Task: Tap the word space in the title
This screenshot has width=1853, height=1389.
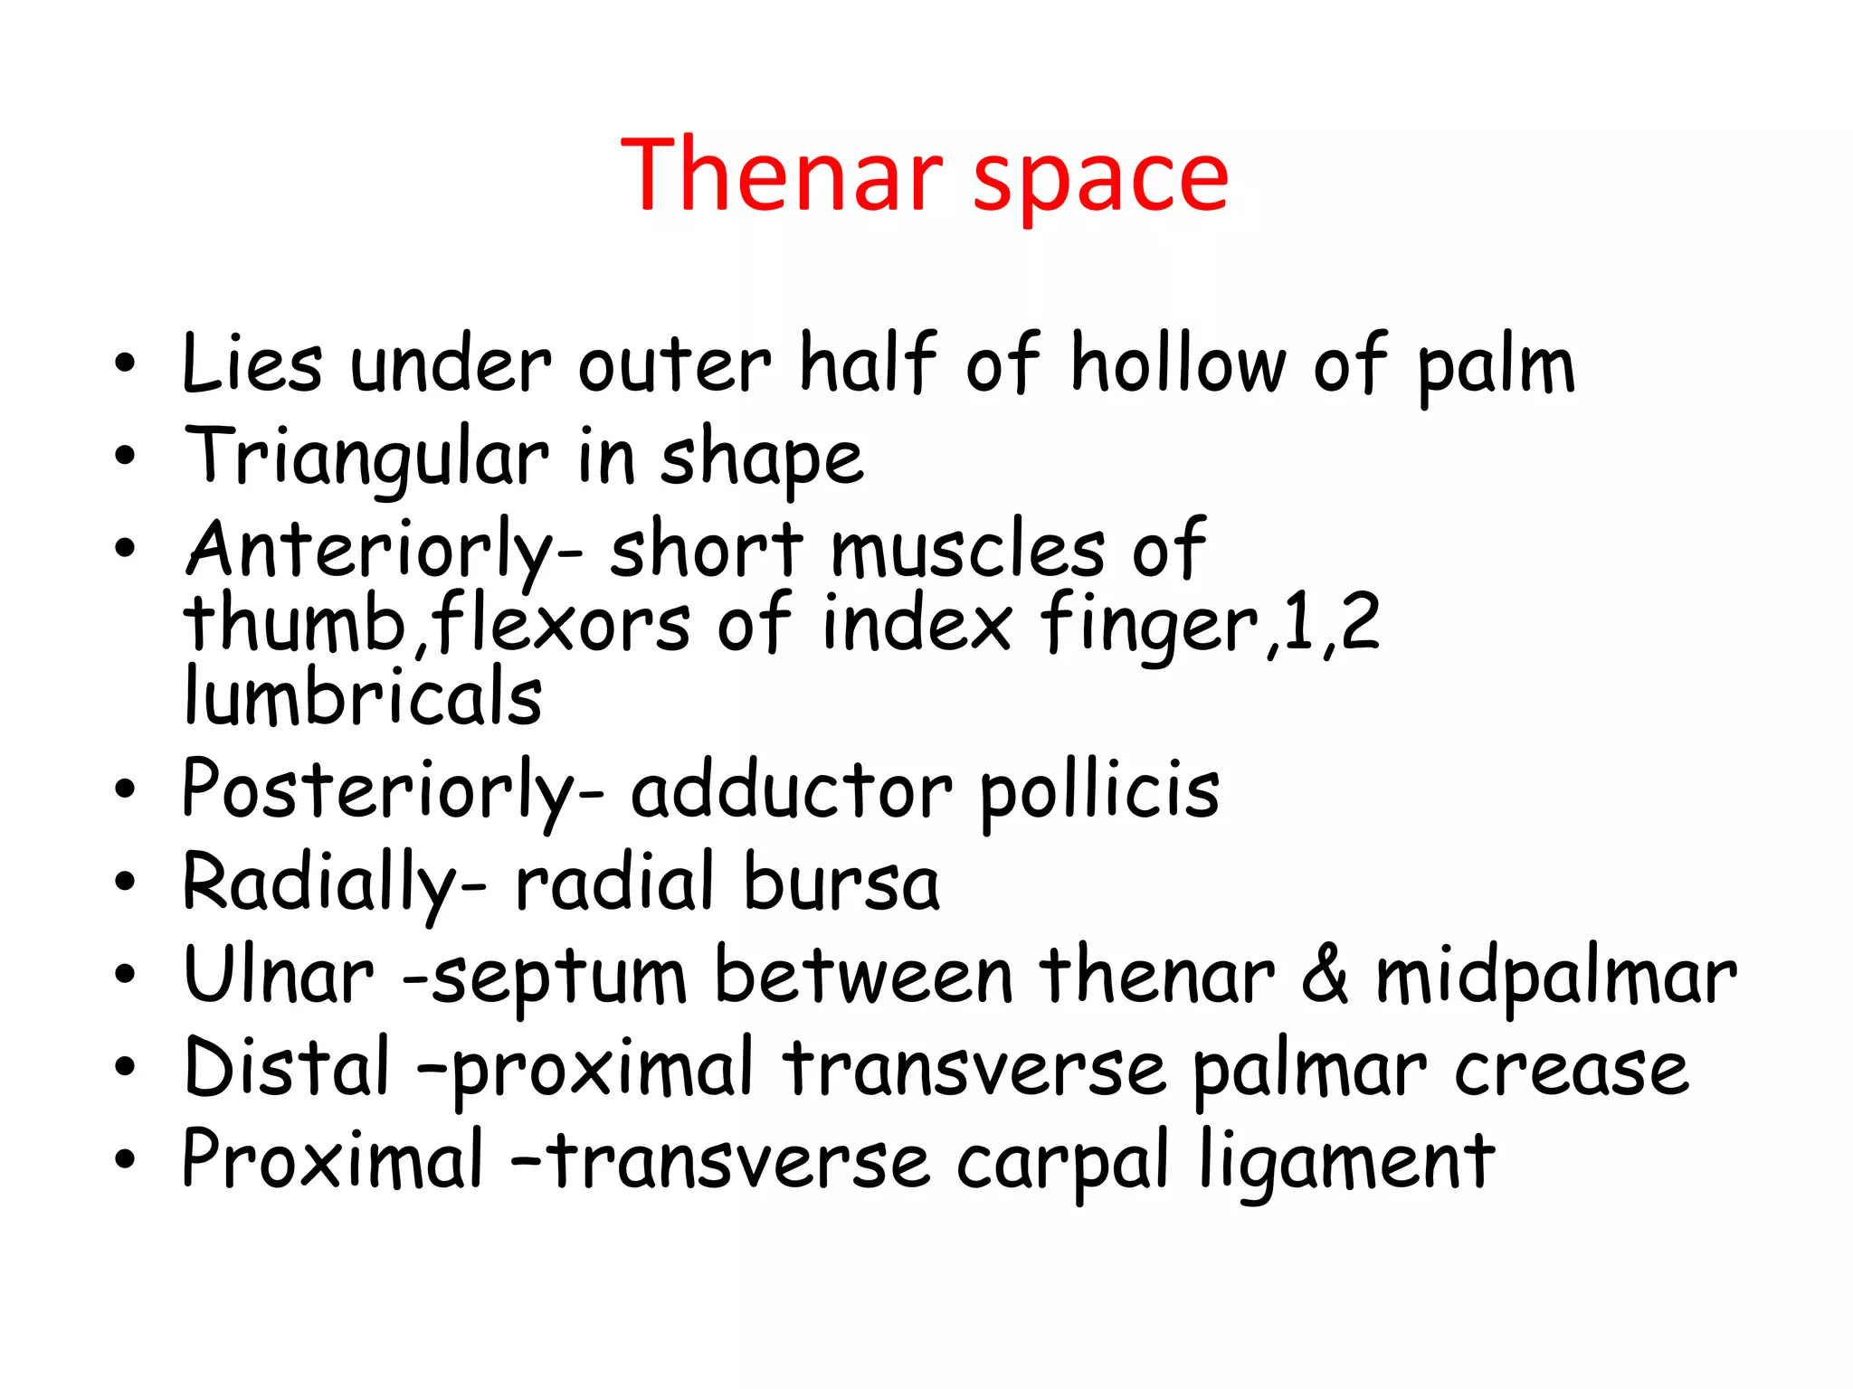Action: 1100,181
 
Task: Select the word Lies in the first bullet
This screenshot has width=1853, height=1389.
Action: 252,364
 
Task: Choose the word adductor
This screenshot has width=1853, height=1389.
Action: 791,791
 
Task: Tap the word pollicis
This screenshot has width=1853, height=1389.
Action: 1099,791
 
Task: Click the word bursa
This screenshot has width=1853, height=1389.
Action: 842,883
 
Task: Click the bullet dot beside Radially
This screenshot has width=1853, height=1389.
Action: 125,882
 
